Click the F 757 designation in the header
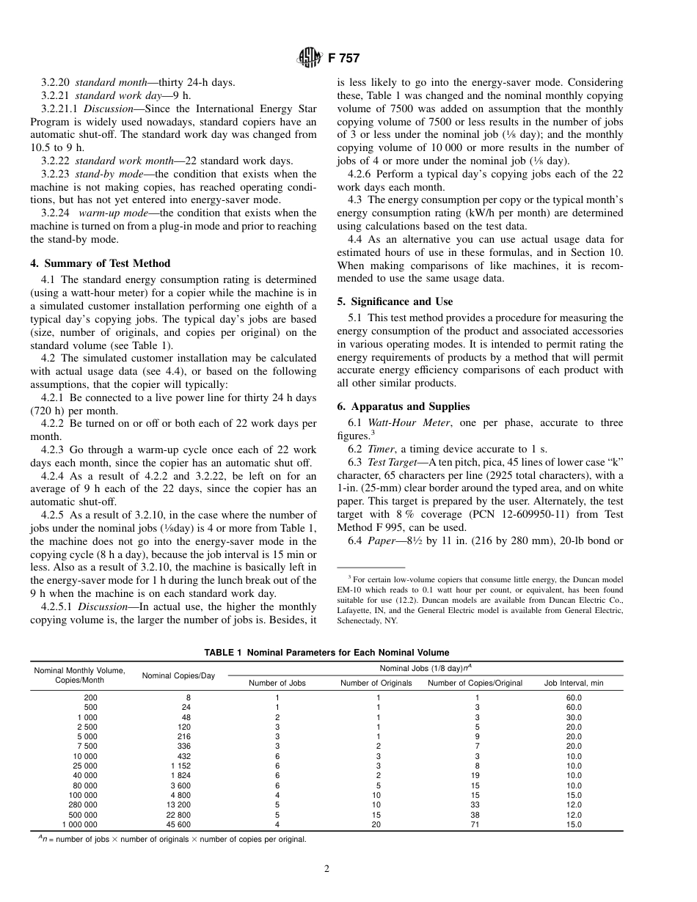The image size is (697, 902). point(339,59)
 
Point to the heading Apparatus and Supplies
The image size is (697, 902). point(410,406)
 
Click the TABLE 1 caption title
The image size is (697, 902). point(326,653)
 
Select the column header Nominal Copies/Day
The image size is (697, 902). point(178,675)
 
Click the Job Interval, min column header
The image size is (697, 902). point(574,683)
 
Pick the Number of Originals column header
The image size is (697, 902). point(376,683)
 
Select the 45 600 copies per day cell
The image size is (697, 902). point(178,824)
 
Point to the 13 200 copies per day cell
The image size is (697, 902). point(178,804)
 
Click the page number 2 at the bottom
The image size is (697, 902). point(326,869)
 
